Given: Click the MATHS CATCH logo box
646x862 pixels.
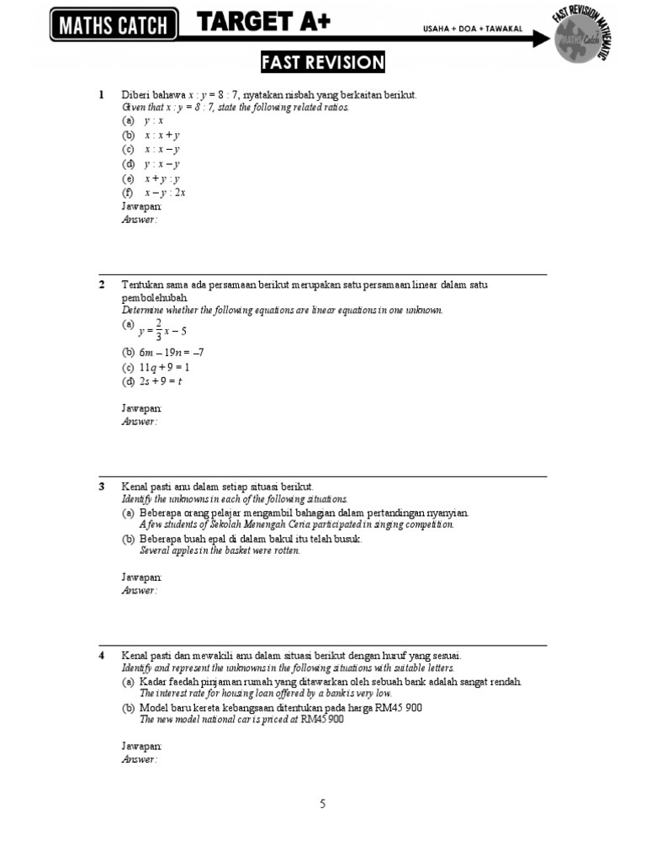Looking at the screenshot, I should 114,26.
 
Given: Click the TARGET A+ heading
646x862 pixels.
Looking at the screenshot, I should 263,24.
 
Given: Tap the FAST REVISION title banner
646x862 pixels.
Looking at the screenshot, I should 323,63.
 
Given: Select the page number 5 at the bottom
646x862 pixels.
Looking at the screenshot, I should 323,804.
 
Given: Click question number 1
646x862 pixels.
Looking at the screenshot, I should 101,95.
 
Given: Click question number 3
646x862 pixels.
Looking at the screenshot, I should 101,487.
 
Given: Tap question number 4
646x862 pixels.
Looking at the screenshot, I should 101,656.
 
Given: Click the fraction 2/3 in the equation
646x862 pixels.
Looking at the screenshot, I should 158,332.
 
